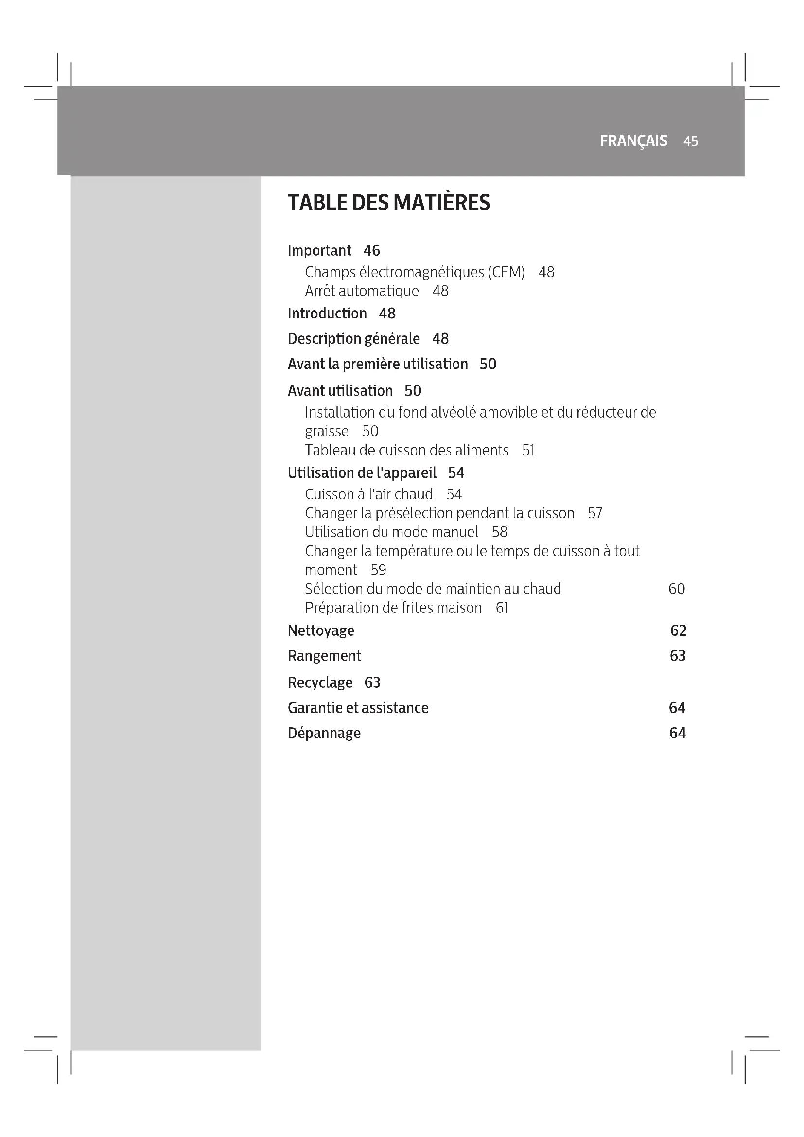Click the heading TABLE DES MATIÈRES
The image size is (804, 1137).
tap(389, 203)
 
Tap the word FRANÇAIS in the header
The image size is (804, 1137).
tap(633, 141)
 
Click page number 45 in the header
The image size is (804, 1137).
tap(690, 141)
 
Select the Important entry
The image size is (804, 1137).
tap(319, 250)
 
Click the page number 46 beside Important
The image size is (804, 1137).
tap(371, 250)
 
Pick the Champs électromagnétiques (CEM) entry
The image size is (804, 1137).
tap(414, 272)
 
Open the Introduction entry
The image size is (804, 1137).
tap(327, 314)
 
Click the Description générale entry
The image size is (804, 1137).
tap(353, 339)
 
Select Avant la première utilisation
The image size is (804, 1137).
tap(377, 364)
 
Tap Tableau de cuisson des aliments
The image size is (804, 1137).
tap(406, 450)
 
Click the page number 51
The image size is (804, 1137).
tap(528, 450)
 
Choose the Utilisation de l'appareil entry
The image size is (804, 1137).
tap(362, 473)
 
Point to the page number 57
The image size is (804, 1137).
tap(594, 513)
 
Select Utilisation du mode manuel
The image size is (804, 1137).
tap(391, 532)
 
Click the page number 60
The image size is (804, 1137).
tap(676, 589)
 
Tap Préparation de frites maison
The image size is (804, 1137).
tap(393, 608)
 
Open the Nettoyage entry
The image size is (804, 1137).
tap(321, 630)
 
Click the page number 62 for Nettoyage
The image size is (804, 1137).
tap(678, 630)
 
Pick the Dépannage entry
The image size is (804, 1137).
tap(324, 733)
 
